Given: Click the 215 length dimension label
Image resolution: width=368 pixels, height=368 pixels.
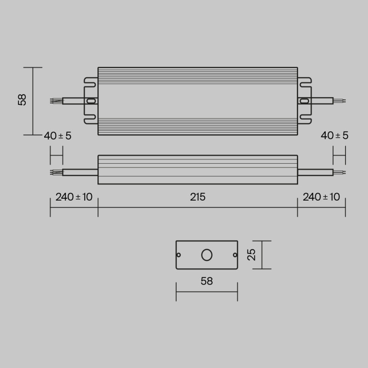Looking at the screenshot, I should (198, 197).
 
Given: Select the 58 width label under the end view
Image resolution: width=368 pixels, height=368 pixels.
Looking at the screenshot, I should (207, 281).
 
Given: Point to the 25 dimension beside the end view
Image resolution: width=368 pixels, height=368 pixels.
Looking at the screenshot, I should (252, 255).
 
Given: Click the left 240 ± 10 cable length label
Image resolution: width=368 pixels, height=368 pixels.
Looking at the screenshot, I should (74, 197).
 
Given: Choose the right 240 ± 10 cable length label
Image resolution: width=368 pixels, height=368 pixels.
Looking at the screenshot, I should (321, 197).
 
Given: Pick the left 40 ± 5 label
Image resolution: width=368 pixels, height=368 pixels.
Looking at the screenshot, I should (57, 136).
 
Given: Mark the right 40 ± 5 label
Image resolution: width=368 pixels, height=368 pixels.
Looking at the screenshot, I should (334, 136).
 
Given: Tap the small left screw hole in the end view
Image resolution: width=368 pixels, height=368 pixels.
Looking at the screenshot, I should (179, 255).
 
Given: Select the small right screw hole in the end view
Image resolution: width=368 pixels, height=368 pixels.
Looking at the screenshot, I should (235, 255).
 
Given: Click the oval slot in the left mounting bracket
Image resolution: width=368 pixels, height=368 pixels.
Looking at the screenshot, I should (91, 101).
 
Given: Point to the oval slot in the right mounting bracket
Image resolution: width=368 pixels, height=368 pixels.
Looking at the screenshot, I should (304, 101).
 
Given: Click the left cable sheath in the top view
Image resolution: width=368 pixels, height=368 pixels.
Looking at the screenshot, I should (74, 101).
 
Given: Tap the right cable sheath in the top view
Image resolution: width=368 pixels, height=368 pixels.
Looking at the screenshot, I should (322, 100).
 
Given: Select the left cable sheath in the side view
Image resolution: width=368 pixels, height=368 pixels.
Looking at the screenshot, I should (80, 172).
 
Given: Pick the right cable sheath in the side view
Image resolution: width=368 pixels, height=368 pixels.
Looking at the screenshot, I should (315, 172).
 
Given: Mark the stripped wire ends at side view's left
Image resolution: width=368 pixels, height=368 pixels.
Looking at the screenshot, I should (56, 172).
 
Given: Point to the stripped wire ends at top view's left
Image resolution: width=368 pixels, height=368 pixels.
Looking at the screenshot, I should (56, 101).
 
